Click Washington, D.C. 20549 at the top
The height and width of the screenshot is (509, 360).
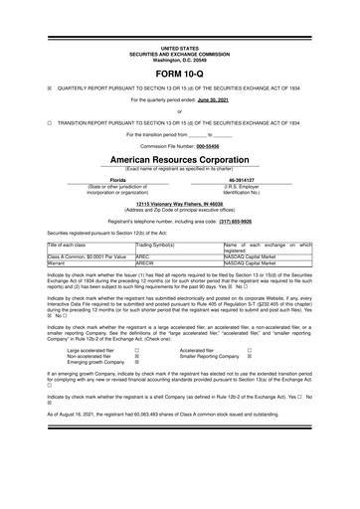179,59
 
